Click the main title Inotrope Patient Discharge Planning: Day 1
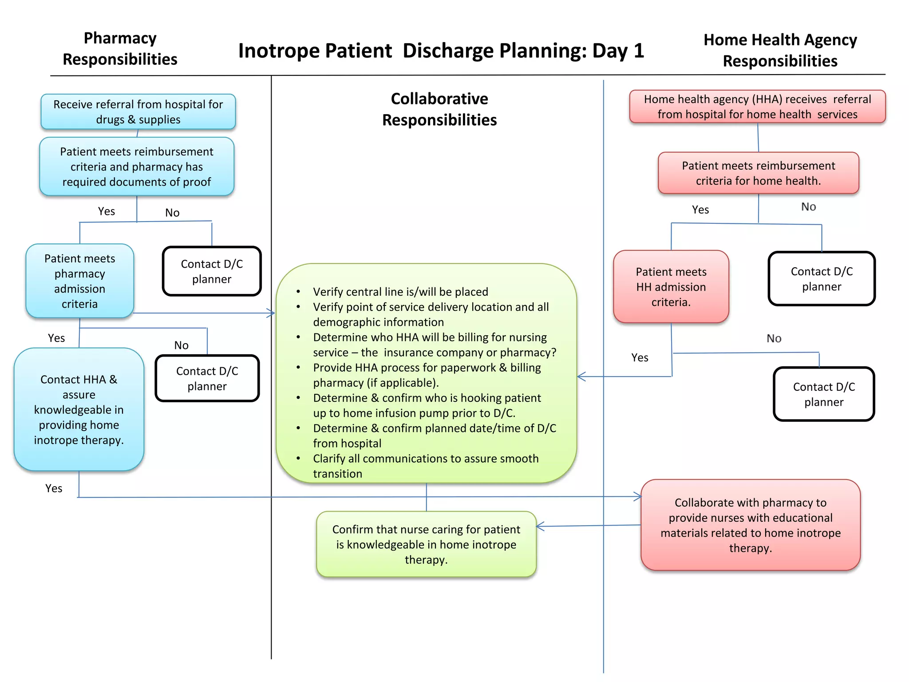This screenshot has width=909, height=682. coord(441,51)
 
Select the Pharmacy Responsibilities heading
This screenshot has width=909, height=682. coord(120,49)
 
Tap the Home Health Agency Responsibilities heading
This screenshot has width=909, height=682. coord(780,50)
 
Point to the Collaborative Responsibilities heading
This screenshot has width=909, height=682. coord(439,109)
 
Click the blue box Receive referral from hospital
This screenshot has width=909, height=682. coord(138,112)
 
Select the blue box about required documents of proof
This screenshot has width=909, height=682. coord(137,167)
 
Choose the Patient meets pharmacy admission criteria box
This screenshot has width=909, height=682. coord(80,281)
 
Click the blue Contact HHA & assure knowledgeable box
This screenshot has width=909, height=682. coord(79,409)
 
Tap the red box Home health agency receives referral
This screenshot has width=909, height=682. coord(757,107)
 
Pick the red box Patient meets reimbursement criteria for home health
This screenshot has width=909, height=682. coord(758,173)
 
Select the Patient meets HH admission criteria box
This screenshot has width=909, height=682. coord(671,287)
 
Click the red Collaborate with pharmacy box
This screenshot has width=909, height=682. coord(750,525)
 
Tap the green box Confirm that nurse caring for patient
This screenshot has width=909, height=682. coord(426,544)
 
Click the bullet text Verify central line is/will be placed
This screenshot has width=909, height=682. coord(400,292)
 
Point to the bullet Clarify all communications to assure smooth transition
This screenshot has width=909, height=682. coord(425,466)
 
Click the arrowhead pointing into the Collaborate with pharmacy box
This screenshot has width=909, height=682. coord(638,496)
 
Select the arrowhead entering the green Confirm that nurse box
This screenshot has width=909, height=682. coord(540,527)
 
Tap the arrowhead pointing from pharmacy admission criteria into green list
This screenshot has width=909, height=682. coord(271,313)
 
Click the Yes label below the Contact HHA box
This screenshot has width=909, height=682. coord(54,488)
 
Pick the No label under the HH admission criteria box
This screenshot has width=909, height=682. coord(774,338)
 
